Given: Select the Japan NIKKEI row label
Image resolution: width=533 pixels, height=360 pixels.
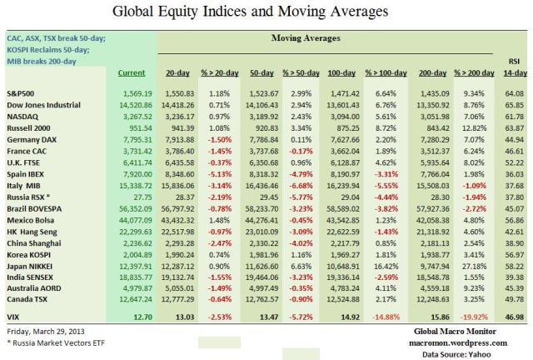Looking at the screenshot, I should [32, 265].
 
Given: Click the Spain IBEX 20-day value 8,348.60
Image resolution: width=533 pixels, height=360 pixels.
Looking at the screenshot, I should [193, 177].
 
